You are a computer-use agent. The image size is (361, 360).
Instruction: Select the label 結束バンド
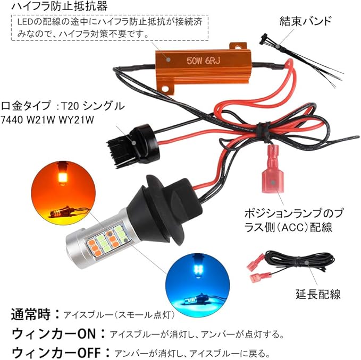(x=305, y=21)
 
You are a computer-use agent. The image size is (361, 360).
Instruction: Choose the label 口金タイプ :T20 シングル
(x=63, y=106)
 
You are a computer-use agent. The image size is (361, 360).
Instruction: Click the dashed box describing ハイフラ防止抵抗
(x=110, y=28)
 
